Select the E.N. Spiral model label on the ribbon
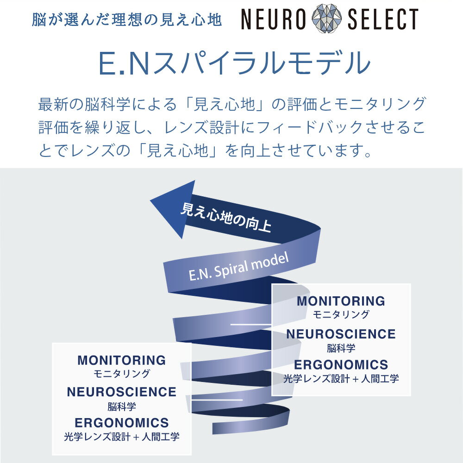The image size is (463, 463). pyautogui.click(x=238, y=267)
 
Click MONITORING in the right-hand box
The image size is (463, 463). pyautogui.click(x=341, y=301)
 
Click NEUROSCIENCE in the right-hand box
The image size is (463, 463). pyautogui.click(x=341, y=334)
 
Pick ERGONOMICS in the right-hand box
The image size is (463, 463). pyautogui.click(x=341, y=364)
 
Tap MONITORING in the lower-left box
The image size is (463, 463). pyautogui.click(x=121, y=360)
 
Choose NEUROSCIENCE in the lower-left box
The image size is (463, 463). pyautogui.click(x=121, y=392)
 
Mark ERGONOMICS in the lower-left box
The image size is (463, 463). pyautogui.click(x=121, y=423)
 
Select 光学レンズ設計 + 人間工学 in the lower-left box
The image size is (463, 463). pyautogui.click(x=121, y=437)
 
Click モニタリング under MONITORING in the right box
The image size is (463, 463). pyautogui.click(x=341, y=315)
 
